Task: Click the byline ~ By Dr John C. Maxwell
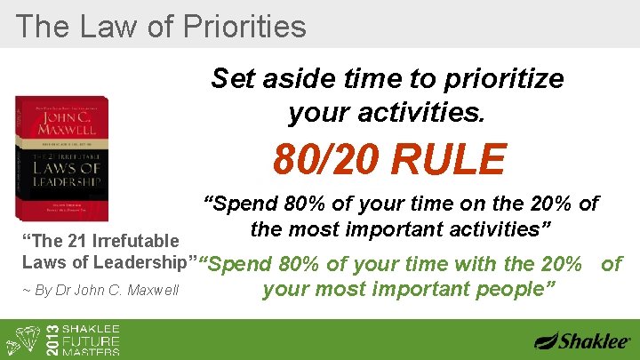(x=100, y=290)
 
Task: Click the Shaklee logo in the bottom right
(x=582, y=340)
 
